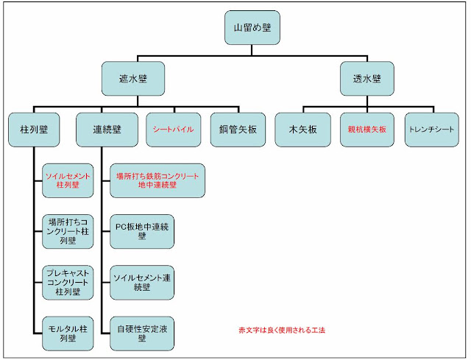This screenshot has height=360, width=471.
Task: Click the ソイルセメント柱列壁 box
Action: pyautogui.click(x=68, y=181)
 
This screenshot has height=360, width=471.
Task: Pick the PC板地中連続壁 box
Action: pyautogui.click(x=141, y=230)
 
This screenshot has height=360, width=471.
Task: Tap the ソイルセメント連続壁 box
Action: pyautogui.click(x=141, y=281)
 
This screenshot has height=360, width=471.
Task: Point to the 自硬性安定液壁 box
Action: pyautogui.click(x=141, y=331)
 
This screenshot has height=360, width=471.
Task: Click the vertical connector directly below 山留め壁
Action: pyautogui.click(x=252, y=51)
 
